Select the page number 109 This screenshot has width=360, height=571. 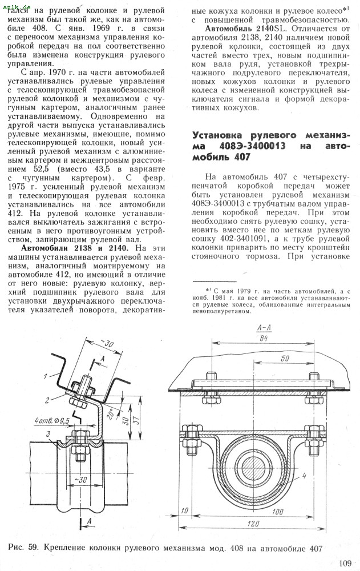tap(345, 564)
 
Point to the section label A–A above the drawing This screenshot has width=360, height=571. tap(264, 328)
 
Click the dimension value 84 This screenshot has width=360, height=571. tap(264, 338)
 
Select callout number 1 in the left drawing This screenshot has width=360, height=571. tap(44, 376)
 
